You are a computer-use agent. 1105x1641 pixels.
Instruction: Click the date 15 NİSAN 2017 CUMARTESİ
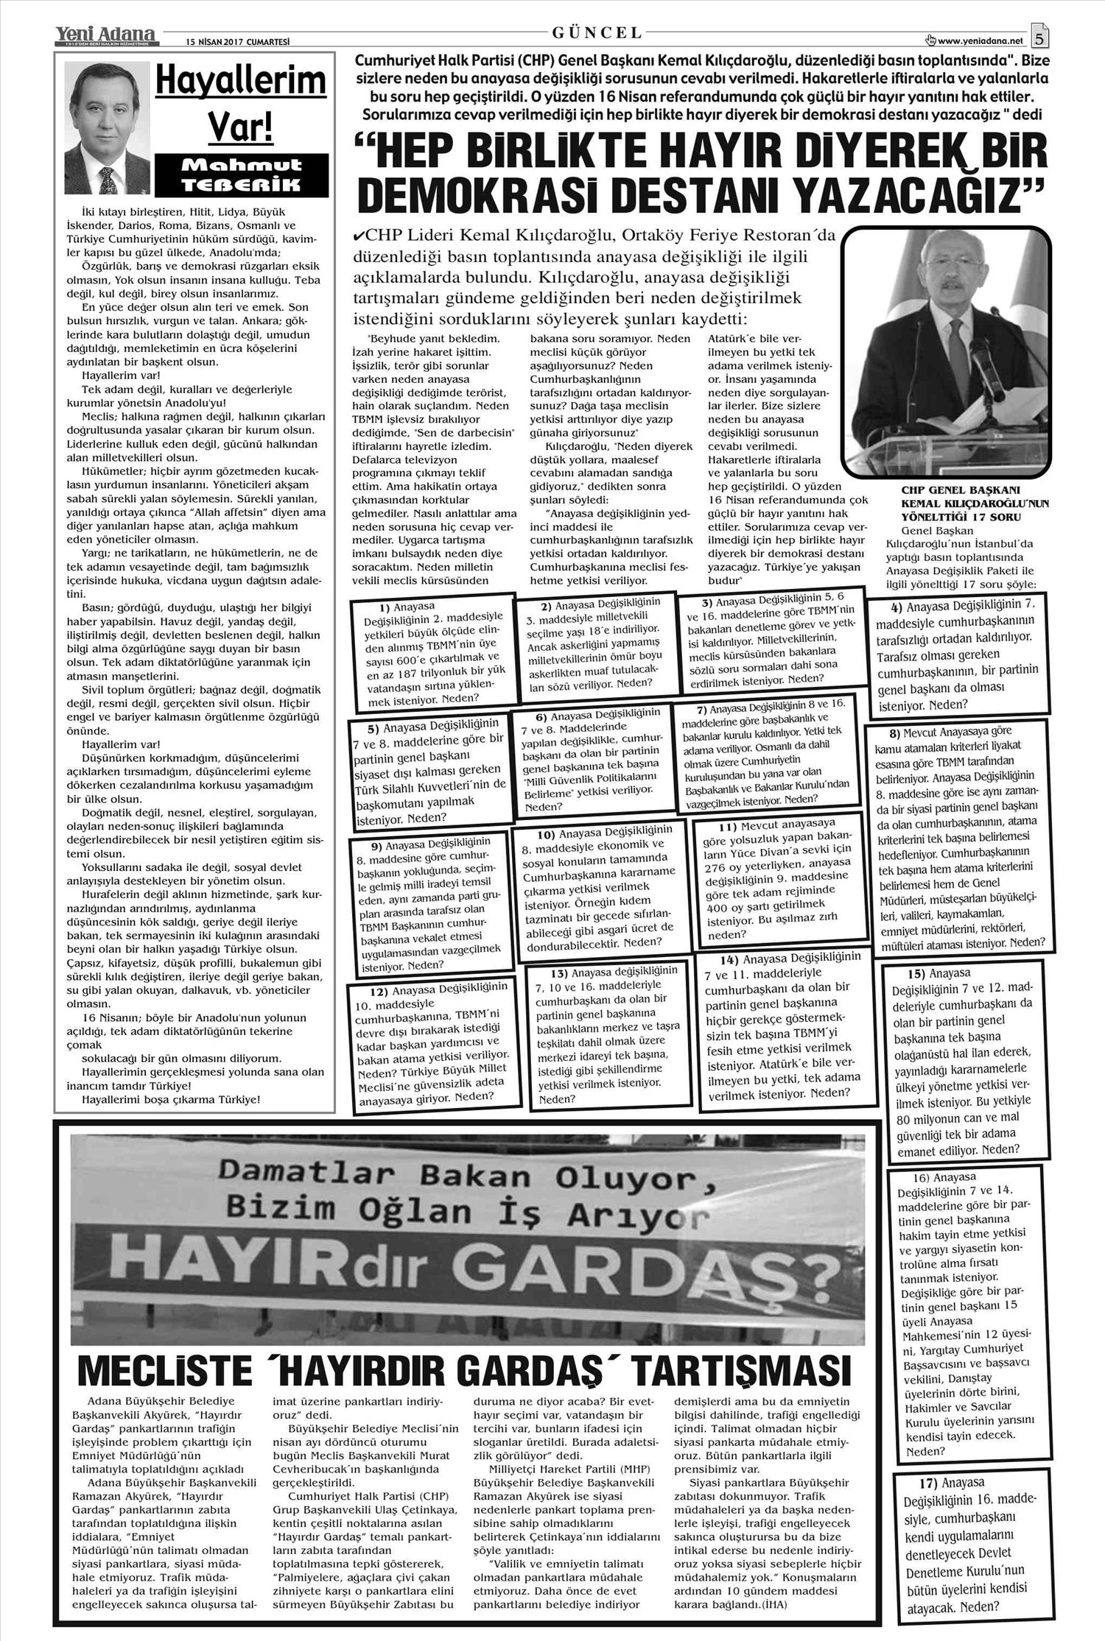point(228,42)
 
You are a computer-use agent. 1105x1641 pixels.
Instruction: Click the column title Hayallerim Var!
point(241,103)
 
